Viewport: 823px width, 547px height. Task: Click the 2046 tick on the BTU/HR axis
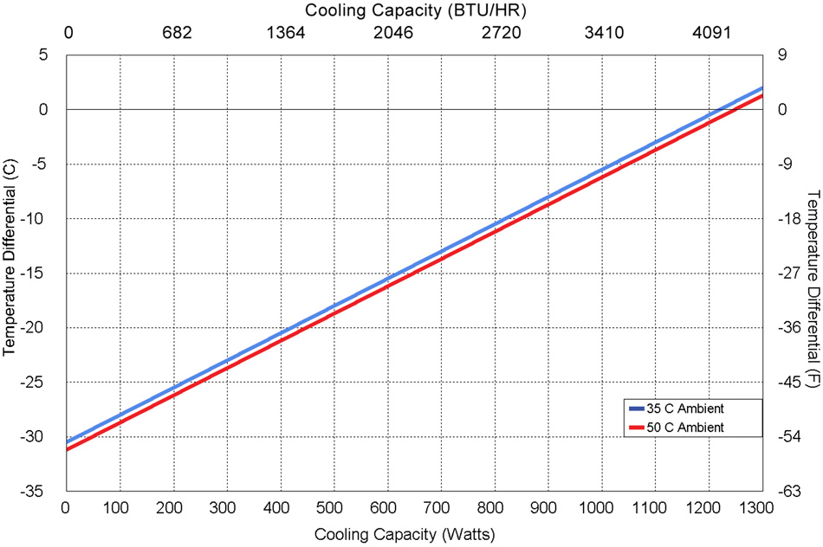pos(394,34)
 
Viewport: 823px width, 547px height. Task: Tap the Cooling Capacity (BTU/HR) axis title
pos(416,11)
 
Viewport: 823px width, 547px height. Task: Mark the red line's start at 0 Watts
pos(67,449)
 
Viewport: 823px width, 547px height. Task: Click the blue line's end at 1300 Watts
pos(761,88)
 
